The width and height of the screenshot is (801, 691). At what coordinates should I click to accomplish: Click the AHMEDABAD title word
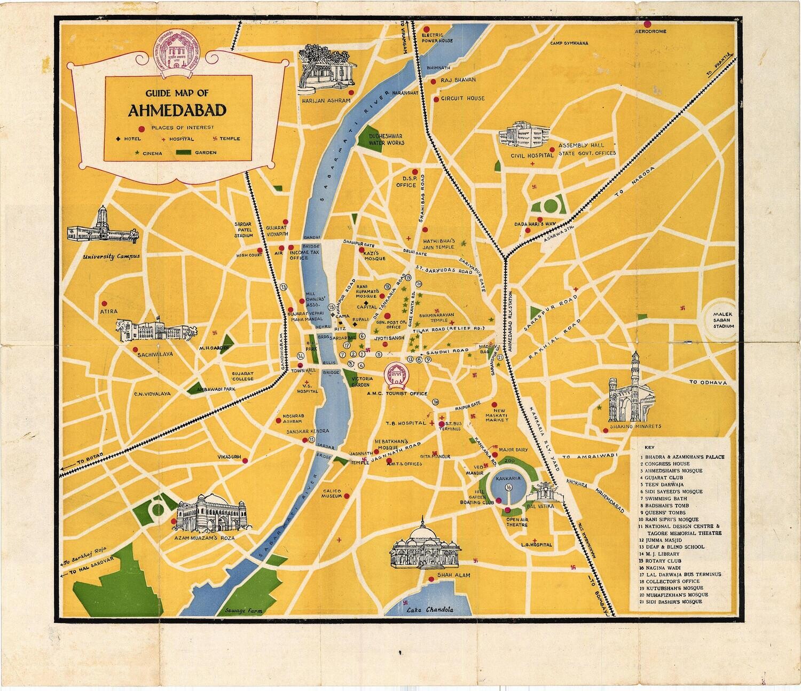pyautogui.click(x=177, y=110)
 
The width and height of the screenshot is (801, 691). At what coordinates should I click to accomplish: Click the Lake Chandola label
pyautogui.click(x=429, y=610)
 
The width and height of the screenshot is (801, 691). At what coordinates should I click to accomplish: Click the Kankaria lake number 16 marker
pyautogui.click(x=509, y=488)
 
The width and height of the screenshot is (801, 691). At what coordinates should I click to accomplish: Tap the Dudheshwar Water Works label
pyautogui.click(x=386, y=139)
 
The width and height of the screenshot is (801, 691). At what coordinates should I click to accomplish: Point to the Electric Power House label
pyautogui.click(x=437, y=37)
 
